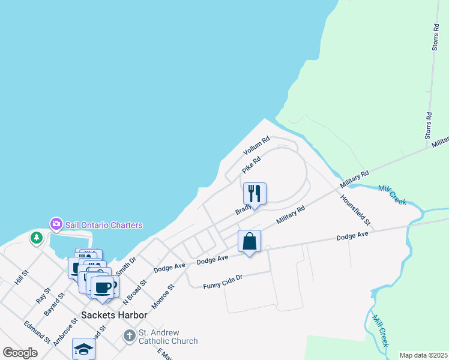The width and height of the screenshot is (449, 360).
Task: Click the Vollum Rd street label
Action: click(x=256, y=146)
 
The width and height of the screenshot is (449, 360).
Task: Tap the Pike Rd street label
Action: click(x=252, y=165)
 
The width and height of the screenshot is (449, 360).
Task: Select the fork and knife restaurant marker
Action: click(x=255, y=194)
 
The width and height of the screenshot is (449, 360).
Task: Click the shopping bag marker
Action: click(x=249, y=242)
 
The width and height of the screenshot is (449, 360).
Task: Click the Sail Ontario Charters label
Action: click(x=104, y=225)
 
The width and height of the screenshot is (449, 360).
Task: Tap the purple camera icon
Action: click(x=56, y=224)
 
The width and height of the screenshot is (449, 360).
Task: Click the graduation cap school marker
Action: click(x=83, y=349)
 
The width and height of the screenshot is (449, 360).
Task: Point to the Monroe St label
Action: click(x=163, y=296)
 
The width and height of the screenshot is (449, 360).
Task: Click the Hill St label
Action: click(x=22, y=277)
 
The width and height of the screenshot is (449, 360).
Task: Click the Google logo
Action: click(x=20, y=353)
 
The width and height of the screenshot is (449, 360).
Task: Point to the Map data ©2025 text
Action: click(x=423, y=355)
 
